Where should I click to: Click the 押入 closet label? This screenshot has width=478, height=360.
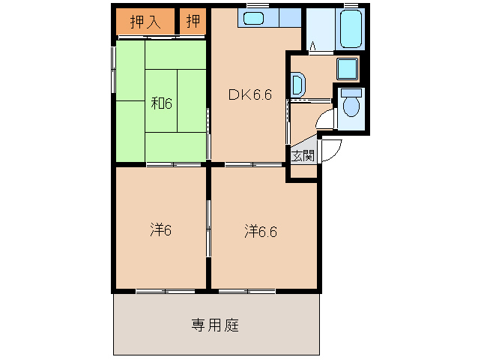coord(145,22)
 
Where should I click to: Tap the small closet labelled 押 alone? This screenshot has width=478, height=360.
coord(193,21)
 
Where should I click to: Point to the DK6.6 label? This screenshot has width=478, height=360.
coord(249,94)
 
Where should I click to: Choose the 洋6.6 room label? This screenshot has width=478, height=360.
coord(261,232)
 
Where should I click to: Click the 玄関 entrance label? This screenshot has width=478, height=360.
coord(303,156)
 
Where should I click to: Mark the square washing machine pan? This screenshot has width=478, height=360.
coord(347,68)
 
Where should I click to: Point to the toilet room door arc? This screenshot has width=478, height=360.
coord(326,120)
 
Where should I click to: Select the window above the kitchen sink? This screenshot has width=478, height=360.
coord(258,6)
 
